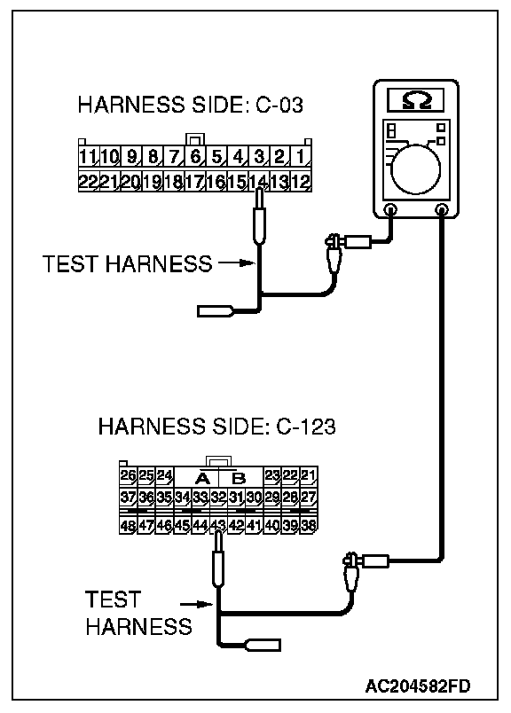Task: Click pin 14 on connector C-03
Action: click(258, 182)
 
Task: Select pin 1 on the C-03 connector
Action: click(301, 157)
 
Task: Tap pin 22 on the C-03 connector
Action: click(88, 182)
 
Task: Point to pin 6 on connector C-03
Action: click(195, 157)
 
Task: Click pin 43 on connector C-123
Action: click(218, 525)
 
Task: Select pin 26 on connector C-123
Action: click(129, 475)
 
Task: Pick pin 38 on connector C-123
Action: click(309, 525)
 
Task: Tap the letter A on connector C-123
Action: click(202, 478)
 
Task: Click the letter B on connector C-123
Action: click(239, 478)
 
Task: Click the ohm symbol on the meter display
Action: click(416, 100)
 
